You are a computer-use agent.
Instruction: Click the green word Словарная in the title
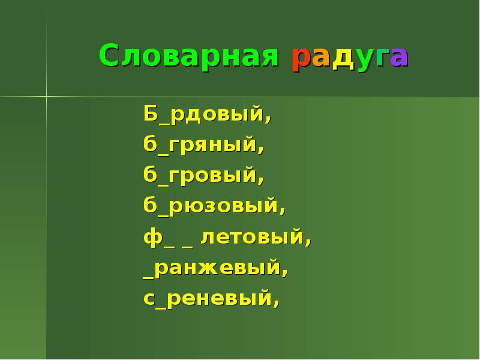point(189,56)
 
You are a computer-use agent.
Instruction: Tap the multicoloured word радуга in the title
point(350,58)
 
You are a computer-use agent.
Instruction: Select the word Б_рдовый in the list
point(207,113)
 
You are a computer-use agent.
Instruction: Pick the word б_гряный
point(203,145)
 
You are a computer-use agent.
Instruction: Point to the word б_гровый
point(203,176)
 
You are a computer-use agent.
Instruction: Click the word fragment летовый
point(256,238)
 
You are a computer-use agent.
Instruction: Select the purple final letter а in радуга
point(400,58)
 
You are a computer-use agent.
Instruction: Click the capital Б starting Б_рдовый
point(150,113)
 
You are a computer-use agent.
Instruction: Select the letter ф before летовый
point(151,238)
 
